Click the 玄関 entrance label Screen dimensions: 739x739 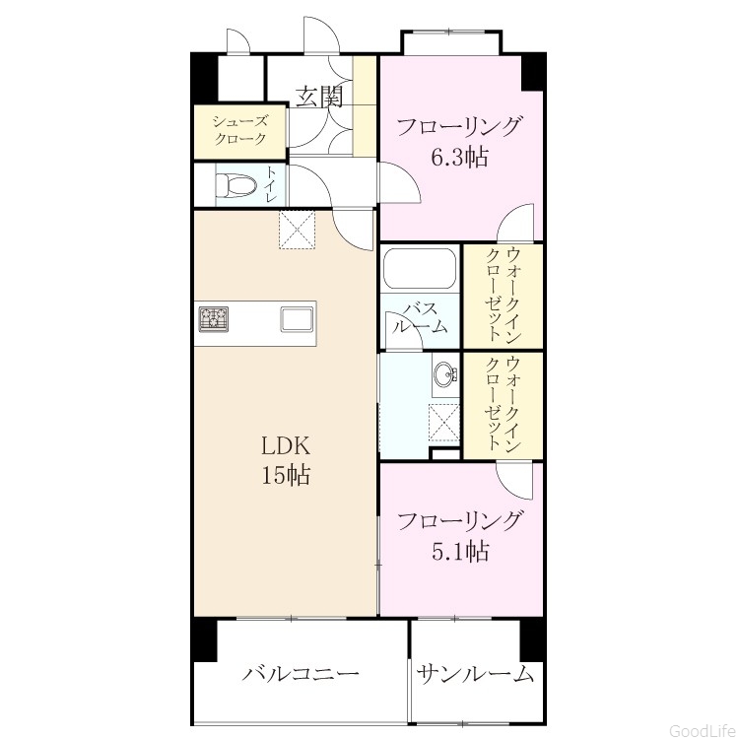pyautogui.click(x=318, y=98)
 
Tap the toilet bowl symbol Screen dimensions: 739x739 pyautogui.click(x=235, y=185)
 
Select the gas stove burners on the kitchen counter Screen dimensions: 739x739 pyautogui.click(x=214, y=318)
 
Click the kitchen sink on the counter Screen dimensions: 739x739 pyautogui.click(x=297, y=319)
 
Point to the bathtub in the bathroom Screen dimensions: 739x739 pyautogui.click(x=420, y=268)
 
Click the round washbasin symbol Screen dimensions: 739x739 pyautogui.click(x=444, y=374)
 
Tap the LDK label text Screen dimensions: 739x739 pyautogui.click(x=286, y=445)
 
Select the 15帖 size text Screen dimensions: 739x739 pyautogui.click(x=286, y=475)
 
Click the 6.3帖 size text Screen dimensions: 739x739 pyautogui.click(x=459, y=157)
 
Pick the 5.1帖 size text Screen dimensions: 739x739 pyautogui.click(x=459, y=551)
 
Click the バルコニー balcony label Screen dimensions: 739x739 pyautogui.click(x=301, y=674)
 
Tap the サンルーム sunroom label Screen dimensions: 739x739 pyautogui.click(x=475, y=674)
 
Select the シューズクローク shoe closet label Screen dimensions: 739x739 pyautogui.click(x=239, y=130)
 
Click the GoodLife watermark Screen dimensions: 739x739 pyautogui.click(x=704, y=730)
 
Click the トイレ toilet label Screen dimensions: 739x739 pyautogui.click(x=271, y=184)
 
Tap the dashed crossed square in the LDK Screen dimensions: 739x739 pyautogui.click(x=297, y=230)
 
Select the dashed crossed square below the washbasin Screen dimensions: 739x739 pyautogui.click(x=443, y=423)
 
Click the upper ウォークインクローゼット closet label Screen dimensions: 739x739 pyautogui.click(x=503, y=295)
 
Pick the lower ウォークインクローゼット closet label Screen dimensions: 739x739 pyautogui.click(x=503, y=404)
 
